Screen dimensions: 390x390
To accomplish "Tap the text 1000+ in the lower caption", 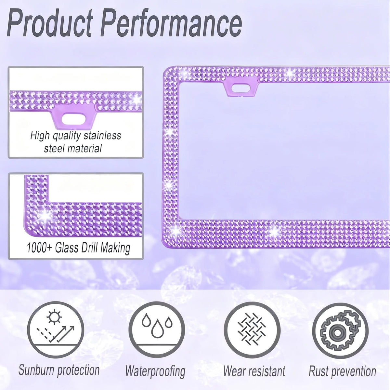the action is click(x=39, y=248).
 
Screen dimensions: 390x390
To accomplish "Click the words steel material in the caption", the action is click(x=73, y=149).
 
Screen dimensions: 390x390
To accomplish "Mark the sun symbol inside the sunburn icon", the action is click(x=54, y=317).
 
